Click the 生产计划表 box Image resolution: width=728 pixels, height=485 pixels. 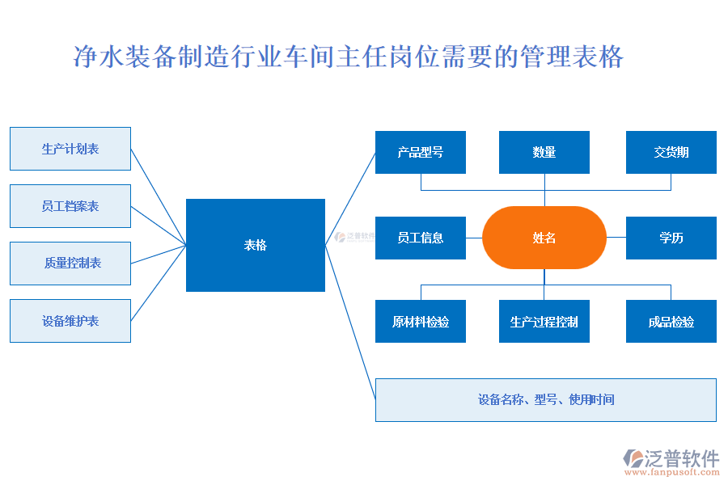click(x=70, y=149)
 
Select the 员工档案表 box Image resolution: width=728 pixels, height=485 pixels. click(x=70, y=206)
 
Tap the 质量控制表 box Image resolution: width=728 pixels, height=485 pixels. click(x=70, y=264)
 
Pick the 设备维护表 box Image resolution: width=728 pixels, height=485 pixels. click(x=70, y=321)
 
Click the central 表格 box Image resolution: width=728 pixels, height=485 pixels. click(x=256, y=245)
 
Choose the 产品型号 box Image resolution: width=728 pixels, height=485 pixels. click(x=421, y=152)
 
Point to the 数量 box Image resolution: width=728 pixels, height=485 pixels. click(x=544, y=152)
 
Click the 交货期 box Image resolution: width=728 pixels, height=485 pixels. click(x=671, y=152)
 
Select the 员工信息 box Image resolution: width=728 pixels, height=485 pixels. click(x=421, y=238)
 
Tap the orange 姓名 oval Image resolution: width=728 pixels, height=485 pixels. click(x=544, y=238)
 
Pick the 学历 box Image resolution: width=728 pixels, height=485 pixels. click(x=671, y=238)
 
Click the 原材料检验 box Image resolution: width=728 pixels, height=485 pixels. click(x=421, y=322)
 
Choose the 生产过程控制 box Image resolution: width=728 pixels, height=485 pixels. click(x=544, y=322)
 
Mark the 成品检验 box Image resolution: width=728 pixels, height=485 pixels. click(x=671, y=322)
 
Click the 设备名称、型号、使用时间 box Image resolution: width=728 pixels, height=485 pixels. click(x=546, y=399)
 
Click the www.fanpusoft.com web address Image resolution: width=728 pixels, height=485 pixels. click(x=671, y=474)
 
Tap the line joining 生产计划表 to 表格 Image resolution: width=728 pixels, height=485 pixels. click(x=159, y=196)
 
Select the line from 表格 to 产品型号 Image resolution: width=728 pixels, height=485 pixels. click(x=350, y=198)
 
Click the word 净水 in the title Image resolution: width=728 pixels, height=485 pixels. click(x=99, y=57)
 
